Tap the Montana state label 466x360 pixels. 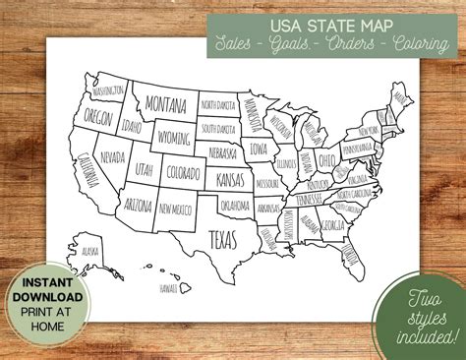pyautogui.click(x=166, y=103)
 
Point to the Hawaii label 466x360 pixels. pyautogui.click(x=170, y=288)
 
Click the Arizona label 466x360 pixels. pyautogui.click(x=140, y=205)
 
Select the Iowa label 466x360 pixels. pyautogui.click(x=260, y=150)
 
